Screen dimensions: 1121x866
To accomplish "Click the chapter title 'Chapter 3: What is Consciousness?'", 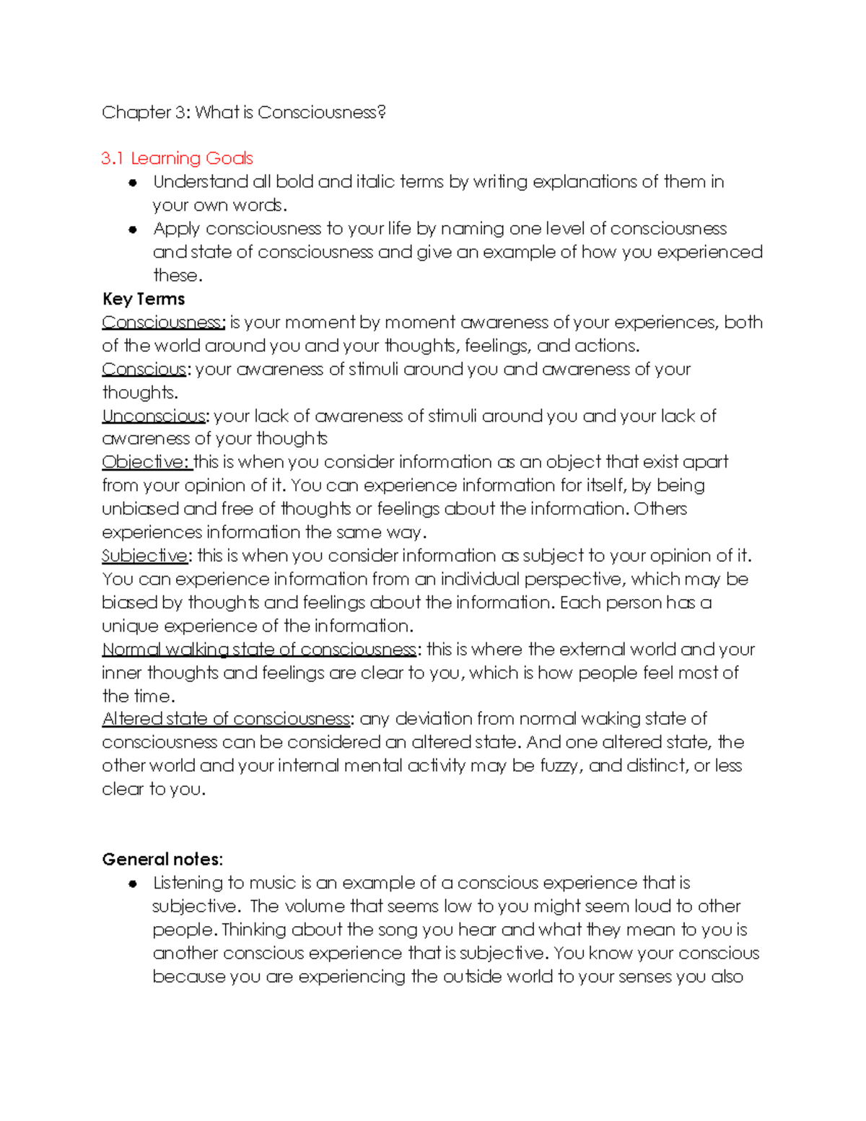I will coord(243,113).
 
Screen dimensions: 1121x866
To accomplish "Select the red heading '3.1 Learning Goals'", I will coord(177,159).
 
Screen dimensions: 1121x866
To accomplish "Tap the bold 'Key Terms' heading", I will coord(143,299).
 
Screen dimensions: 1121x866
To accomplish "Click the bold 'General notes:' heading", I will coord(162,859).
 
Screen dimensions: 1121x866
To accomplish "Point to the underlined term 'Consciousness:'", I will coord(164,323).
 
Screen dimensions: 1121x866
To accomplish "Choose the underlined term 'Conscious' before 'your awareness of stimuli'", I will coord(144,370).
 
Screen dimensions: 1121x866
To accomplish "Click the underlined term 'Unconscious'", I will coord(154,416).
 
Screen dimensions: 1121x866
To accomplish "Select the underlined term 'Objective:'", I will coord(146,462).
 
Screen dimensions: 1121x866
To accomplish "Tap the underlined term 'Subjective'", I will coord(144,556).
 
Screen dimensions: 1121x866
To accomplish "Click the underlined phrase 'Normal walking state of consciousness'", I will coord(259,650).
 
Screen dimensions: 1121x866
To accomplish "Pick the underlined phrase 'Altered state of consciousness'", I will coord(226,719).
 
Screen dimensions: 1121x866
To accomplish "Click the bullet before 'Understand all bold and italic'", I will coord(133,183).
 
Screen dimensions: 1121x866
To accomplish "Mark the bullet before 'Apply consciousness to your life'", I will coord(133,230).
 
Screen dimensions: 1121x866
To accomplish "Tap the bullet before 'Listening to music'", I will coord(133,884).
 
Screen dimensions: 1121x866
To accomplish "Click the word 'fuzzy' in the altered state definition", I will coord(560,766).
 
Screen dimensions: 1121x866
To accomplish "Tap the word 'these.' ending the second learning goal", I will coord(178,276).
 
